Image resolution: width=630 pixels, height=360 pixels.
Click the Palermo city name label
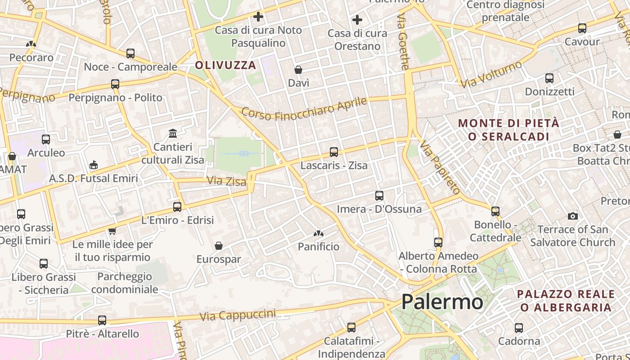point(442,301)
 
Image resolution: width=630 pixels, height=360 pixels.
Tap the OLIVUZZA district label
point(225,65)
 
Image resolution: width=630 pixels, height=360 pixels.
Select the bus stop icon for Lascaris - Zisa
point(333,152)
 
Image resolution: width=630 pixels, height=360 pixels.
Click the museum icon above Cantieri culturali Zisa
point(173,133)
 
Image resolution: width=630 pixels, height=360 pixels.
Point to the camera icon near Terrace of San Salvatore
point(572,216)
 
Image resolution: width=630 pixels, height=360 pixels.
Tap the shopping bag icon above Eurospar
point(218,246)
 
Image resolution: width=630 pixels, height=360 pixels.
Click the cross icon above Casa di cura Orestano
point(357,20)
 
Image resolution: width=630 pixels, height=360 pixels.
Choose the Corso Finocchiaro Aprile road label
point(304,109)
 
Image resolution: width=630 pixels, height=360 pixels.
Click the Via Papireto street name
point(440,167)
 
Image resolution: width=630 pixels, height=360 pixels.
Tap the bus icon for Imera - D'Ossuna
point(379,196)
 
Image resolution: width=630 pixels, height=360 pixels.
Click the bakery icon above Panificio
point(318,234)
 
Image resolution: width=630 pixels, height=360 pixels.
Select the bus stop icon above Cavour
point(582,28)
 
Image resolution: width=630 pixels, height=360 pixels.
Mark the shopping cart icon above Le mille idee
point(112,231)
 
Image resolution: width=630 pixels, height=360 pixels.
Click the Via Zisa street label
point(226,181)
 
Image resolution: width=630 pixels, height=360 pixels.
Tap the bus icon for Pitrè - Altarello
point(102,320)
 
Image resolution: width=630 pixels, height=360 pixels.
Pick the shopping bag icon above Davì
point(298,70)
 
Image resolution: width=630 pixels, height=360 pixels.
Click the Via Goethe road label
point(403,41)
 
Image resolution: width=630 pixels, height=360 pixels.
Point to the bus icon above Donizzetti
point(549,78)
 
